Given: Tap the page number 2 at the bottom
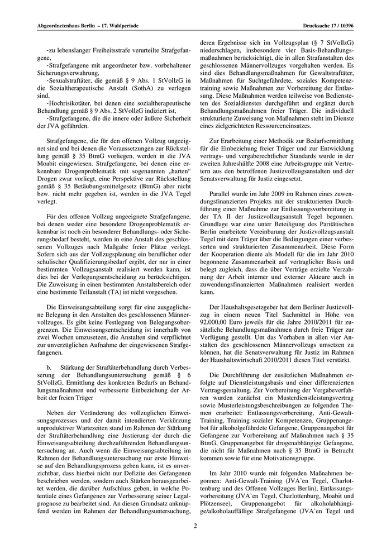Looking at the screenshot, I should (x=195, y=525).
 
